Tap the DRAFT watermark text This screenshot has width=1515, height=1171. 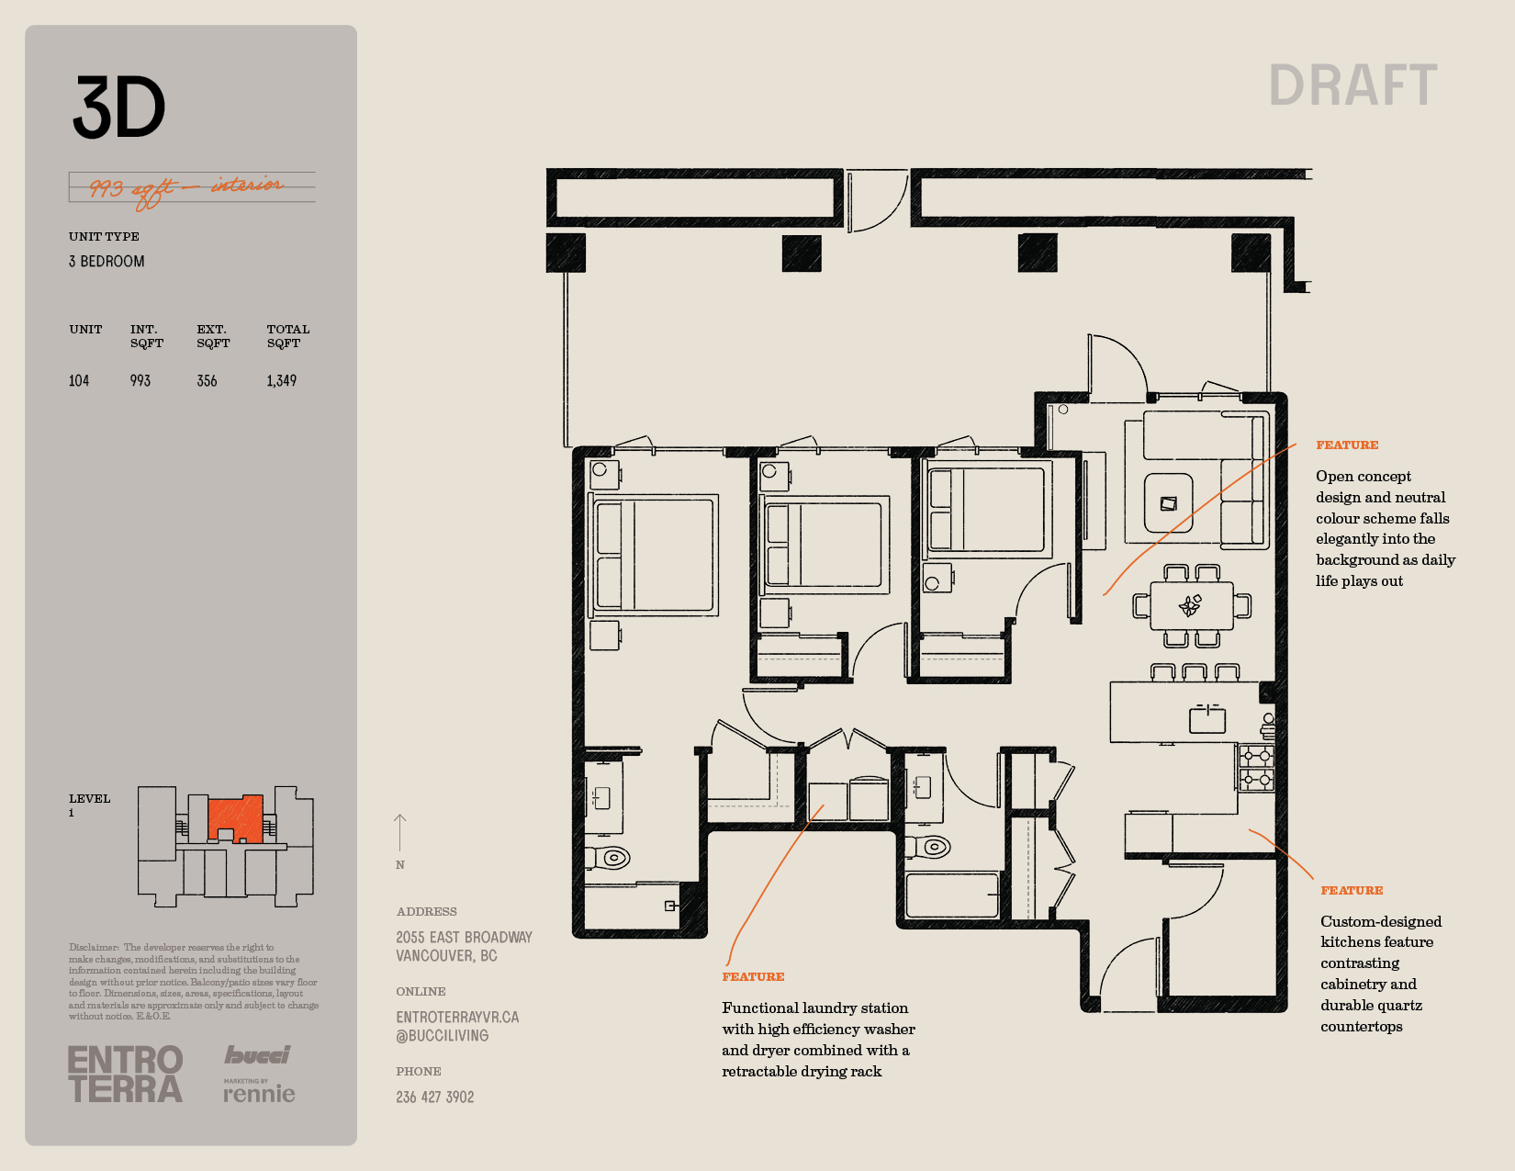[1352, 85]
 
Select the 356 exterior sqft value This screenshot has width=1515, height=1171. [207, 381]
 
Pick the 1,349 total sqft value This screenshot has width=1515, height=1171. [282, 381]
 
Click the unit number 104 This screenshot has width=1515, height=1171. [79, 381]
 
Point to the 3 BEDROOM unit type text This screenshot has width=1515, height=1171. [107, 262]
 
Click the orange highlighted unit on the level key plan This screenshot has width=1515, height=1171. [236, 818]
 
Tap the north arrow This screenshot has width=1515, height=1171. [399, 833]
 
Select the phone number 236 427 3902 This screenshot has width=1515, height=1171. [435, 1098]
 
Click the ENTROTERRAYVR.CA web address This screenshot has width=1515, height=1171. [457, 1018]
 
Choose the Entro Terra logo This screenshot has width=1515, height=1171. [126, 1074]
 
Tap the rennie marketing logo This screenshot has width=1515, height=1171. [259, 1091]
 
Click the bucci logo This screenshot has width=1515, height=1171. [257, 1055]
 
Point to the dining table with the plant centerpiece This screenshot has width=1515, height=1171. [1192, 605]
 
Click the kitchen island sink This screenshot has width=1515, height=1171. [1206, 719]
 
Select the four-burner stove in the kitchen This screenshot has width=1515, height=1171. [1256, 767]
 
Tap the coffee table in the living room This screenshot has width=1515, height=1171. [1169, 503]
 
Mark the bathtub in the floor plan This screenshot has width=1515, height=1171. [952, 895]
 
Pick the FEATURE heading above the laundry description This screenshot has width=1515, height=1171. [753, 977]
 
